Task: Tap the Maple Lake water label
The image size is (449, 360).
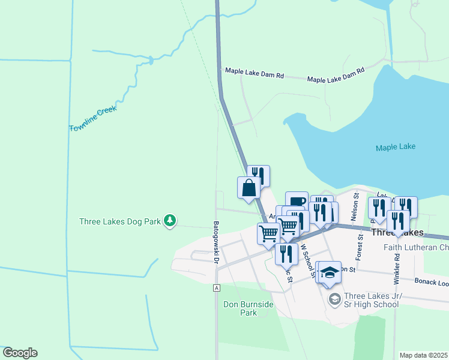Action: click(x=396, y=147)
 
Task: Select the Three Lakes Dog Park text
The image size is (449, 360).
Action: click(x=120, y=221)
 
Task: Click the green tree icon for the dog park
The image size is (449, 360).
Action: click(x=170, y=221)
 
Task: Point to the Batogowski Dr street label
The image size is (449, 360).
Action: click(x=215, y=241)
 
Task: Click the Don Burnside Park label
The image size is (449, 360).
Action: click(x=249, y=308)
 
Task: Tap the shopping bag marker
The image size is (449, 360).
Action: click(x=249, y=188)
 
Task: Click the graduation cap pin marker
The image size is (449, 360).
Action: click(x=329, y=272)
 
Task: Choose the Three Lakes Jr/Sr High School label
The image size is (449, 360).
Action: click(x=371, y=300)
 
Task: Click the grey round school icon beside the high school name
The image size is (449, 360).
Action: click(x=334, y=298)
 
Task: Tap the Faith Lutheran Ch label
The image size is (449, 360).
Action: click(x=416, y=247)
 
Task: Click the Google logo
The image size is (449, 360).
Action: click(x=20, y=353)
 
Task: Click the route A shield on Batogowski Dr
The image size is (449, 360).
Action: click(x=215, y=288)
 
